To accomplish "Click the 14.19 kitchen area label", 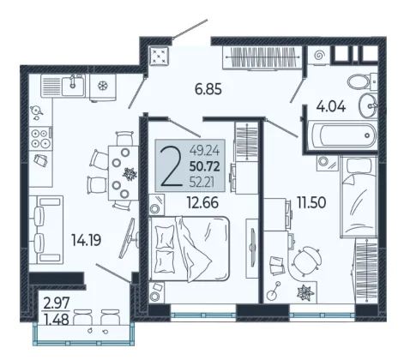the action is (86, 240).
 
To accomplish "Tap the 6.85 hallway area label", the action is (208, 89).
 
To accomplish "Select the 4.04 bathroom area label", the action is (331, 106).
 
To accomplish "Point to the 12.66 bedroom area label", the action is (202, 202).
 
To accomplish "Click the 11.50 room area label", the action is (311, 202).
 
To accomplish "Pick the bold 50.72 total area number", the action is (204, 166).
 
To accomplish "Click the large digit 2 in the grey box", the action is (171, 167).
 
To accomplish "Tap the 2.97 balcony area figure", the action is (57, 303).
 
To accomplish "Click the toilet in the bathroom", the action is (362, 81).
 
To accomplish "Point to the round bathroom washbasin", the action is (368, 105).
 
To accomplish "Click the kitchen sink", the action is (73, 86).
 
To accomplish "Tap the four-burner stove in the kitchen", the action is (40, 139).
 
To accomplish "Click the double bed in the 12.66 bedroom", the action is (190, 249).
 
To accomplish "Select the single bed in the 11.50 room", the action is (359, 196).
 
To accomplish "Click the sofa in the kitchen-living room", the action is (45, 230).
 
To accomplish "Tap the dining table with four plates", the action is (124, 173).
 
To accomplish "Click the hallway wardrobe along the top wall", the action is (262, 57).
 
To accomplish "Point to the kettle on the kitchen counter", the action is (36, 110).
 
